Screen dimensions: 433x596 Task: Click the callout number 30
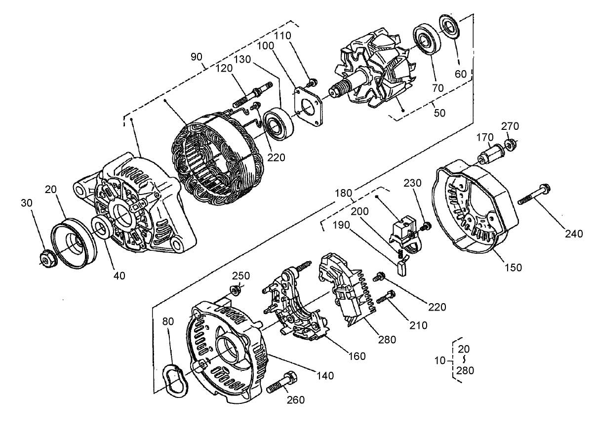[x=27, y=203]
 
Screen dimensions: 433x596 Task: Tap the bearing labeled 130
[x=279, y=123]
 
